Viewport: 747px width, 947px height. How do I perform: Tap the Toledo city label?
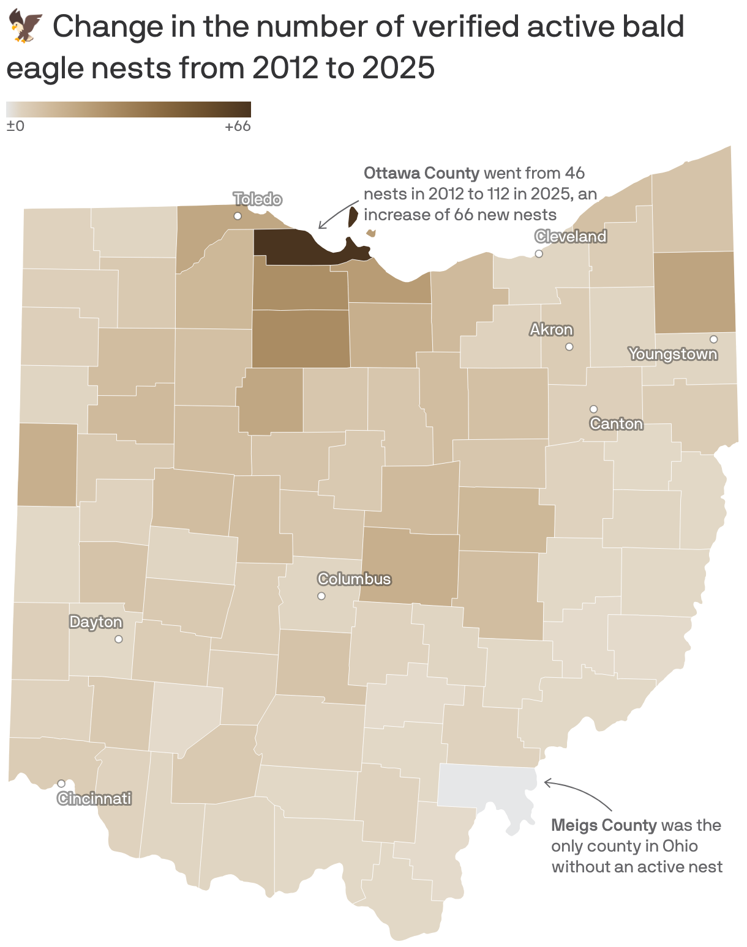pos(258,199)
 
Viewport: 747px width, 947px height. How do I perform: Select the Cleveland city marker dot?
pos(539,254)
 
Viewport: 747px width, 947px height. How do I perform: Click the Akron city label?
pos(551,330)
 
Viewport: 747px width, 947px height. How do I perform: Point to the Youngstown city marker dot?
pos(713,340)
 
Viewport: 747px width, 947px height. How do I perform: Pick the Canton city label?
pos(616,424)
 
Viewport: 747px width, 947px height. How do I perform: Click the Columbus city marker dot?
pos(321,596)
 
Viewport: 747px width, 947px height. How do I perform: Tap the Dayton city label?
pos(96,622)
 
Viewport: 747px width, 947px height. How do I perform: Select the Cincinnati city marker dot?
pos(61,784)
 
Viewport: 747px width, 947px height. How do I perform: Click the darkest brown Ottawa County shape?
pos(294,248)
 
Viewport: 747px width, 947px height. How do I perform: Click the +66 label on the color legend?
pos(238,127)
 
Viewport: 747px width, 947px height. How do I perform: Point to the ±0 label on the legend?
pos(15,127)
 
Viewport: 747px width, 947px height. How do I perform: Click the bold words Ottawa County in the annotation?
pos(421,173)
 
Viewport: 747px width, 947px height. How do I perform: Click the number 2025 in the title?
pos(398,68)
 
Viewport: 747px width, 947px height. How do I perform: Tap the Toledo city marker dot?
pos(238,216)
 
